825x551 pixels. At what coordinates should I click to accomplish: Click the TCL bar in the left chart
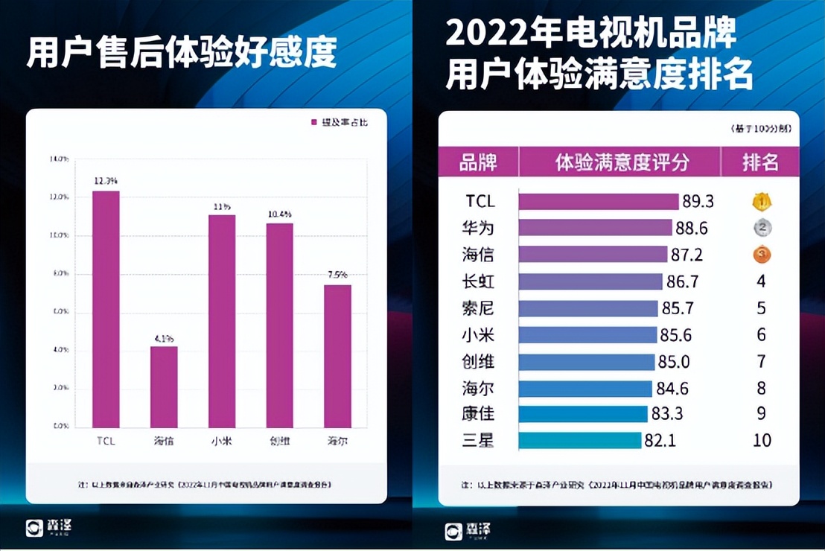106,309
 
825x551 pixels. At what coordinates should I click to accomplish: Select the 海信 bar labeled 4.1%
164,386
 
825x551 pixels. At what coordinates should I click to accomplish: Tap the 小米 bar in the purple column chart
222,321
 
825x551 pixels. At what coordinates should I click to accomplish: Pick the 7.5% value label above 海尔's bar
337,274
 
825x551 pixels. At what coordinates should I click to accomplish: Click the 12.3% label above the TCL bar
106,180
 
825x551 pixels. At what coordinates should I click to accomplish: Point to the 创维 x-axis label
279,441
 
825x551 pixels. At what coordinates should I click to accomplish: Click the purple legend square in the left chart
313,121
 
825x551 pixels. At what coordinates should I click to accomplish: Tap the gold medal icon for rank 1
761,202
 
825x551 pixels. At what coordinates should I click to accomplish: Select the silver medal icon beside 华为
761,228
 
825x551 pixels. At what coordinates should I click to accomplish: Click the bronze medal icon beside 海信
761,255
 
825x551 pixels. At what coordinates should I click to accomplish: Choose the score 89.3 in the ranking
698,202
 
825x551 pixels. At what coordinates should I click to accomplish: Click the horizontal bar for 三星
580,440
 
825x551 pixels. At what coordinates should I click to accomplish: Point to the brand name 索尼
479,308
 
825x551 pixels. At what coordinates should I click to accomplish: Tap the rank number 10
761,440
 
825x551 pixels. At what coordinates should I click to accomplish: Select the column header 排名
760,162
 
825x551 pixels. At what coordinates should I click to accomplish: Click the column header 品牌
478,162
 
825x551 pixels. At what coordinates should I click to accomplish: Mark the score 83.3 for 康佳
667,414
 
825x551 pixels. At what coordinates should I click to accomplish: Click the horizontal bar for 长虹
590,281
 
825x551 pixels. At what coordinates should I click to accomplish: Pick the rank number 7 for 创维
761,362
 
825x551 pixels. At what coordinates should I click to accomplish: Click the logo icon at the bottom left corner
35,528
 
